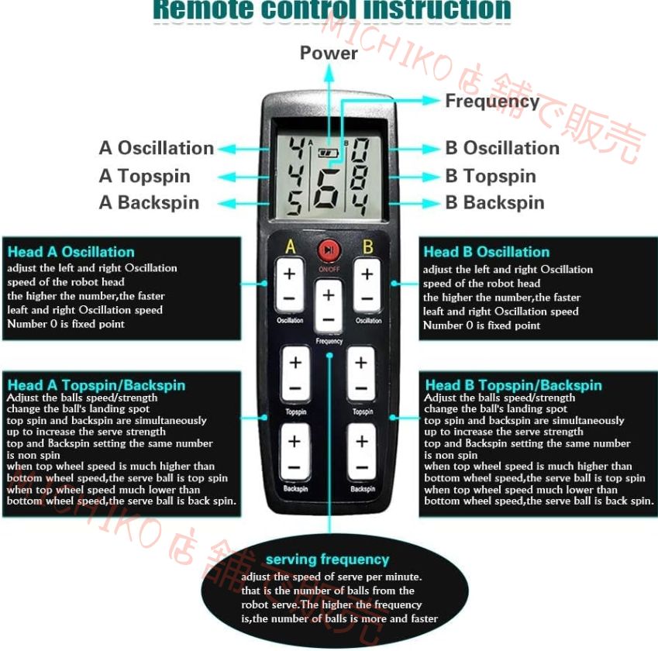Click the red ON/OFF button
pyautogui.click(x=329, y=250)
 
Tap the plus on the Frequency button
pyautogui.click(x=329, y=295)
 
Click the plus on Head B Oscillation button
pyautogui.click(x=367, y=274)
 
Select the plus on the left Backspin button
pyautogui.click(x=294, y=442)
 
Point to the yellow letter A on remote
pyautogui.click(x=291, y=247)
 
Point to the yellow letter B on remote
pyautogui.click(x=368, y=247)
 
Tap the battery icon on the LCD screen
pyautogui.click(x=329, y=153)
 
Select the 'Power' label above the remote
pyautogui.click(x=329, y=53)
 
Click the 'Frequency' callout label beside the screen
pyautogui.click(x=492, y=102)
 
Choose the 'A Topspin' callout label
pyautogui.click(x=145, y=176)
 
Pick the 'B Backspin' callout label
pyautogui.click(x=494, y=203)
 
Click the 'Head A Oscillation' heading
pyautogui.click(x=71, y=252)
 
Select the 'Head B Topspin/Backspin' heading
pyautogui.click(x=513, y=385)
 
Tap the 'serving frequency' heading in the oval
pyautogui.click(x=327, y=560)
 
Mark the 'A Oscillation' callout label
pyautogui.click(x=157, y=148)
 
